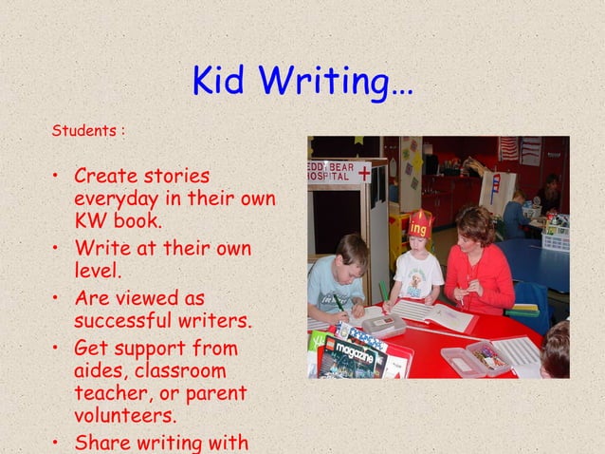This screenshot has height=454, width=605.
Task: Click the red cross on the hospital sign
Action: (x=364, y=173)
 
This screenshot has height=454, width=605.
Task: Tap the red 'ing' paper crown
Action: (x=420, y=225)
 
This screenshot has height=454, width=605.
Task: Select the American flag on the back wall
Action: (x=509, y=148)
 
